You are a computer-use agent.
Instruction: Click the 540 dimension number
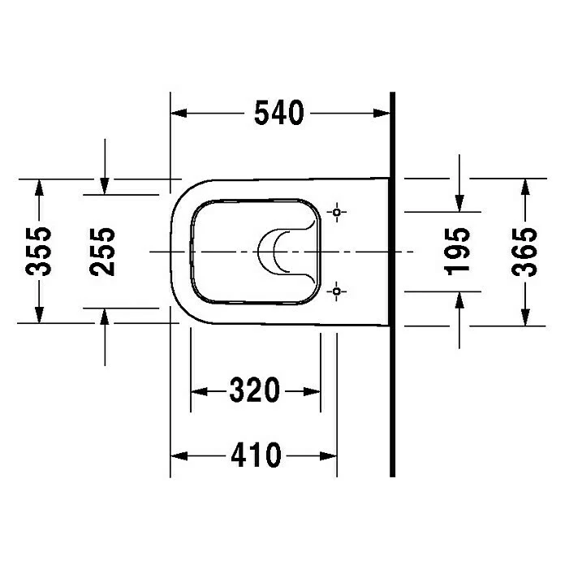(x=279, y=113)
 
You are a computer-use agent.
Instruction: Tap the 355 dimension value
(x=38, y=252)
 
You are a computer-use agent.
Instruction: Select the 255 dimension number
(x=102, y=252)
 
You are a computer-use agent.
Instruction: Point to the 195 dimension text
(x=457, y=252)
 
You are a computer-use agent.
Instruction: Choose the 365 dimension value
(x=524, y=252)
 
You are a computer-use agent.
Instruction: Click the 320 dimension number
(x=255, y=390)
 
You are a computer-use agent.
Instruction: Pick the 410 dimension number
(x=256, y=455)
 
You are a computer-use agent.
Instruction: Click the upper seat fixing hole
(x=337, y=212)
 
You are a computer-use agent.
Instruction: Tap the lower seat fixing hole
(x=337, y=291)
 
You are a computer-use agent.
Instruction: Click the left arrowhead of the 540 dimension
(x=179, y=113)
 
